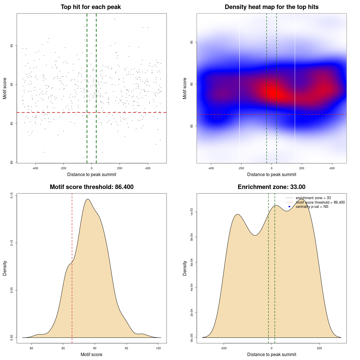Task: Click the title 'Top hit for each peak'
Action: coord(91,7)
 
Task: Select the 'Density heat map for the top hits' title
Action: coord(271,7)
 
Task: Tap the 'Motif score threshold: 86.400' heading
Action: coord(91,187)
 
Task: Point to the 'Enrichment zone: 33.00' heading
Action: coord(271,187)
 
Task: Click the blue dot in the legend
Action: coord(289,207)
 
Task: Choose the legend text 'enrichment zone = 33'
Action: coord(313,198)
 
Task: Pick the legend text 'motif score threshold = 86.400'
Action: coord(320,202)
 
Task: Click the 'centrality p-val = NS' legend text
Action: coord(312,207)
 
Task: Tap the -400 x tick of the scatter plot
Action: coord(35,168)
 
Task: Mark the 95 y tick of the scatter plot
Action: coord(12,46)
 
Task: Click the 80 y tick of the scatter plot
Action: coord(12,162)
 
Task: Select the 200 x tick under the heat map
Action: coord(302,168)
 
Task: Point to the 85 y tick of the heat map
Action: coord(192,126)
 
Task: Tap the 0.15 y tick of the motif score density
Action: coord(12,195)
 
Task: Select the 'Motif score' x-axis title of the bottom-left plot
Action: coord(91,355)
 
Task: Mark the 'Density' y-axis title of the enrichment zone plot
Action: coord(185,268)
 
